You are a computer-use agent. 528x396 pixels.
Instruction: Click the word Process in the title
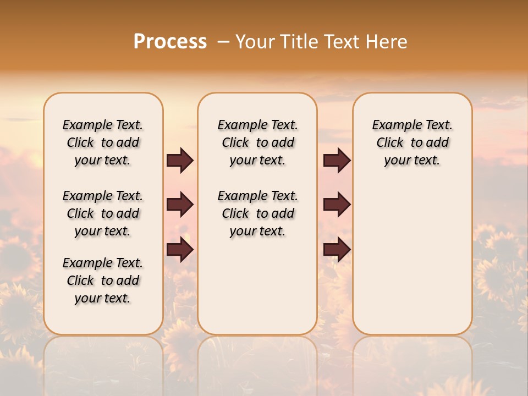pyautogui.click(x=170, y=42)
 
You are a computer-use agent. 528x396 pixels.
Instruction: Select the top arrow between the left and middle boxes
pyautogui.click(x=180, y=161)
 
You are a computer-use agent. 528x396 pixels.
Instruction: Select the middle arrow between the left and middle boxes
pyautogui.click(x=180, y=205)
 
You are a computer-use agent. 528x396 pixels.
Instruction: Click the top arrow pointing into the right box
pyautogui.click(x=337, y=161)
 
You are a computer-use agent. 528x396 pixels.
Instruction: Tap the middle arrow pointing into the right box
pyautogui.click(x=337, y=205)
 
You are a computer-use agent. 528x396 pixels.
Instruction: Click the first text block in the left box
pyautogui.click(x=103, y=142)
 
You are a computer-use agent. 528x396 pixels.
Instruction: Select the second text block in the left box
pyautogui.click(x=103, y=213)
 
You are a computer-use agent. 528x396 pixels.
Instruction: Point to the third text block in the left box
pyautogui.click(x=103, y=280)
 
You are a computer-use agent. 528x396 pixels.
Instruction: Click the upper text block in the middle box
pyautogui.click(x=257, y=142)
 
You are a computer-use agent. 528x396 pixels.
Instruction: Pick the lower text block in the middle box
pyautogui.click(x=257, y=213)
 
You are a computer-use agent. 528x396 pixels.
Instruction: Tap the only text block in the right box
pyautogui.click(x=412, y=142)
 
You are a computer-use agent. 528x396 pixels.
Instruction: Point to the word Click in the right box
pyautogui.click(x=390, y=143)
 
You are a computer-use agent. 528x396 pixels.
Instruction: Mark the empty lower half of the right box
pyautogui.click(x=412, y=258)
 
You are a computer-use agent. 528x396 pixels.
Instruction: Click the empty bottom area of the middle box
pyautogui.click(x=257, y=291)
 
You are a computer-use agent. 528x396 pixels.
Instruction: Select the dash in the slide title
pyautogui.click(x=223, y=42)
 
